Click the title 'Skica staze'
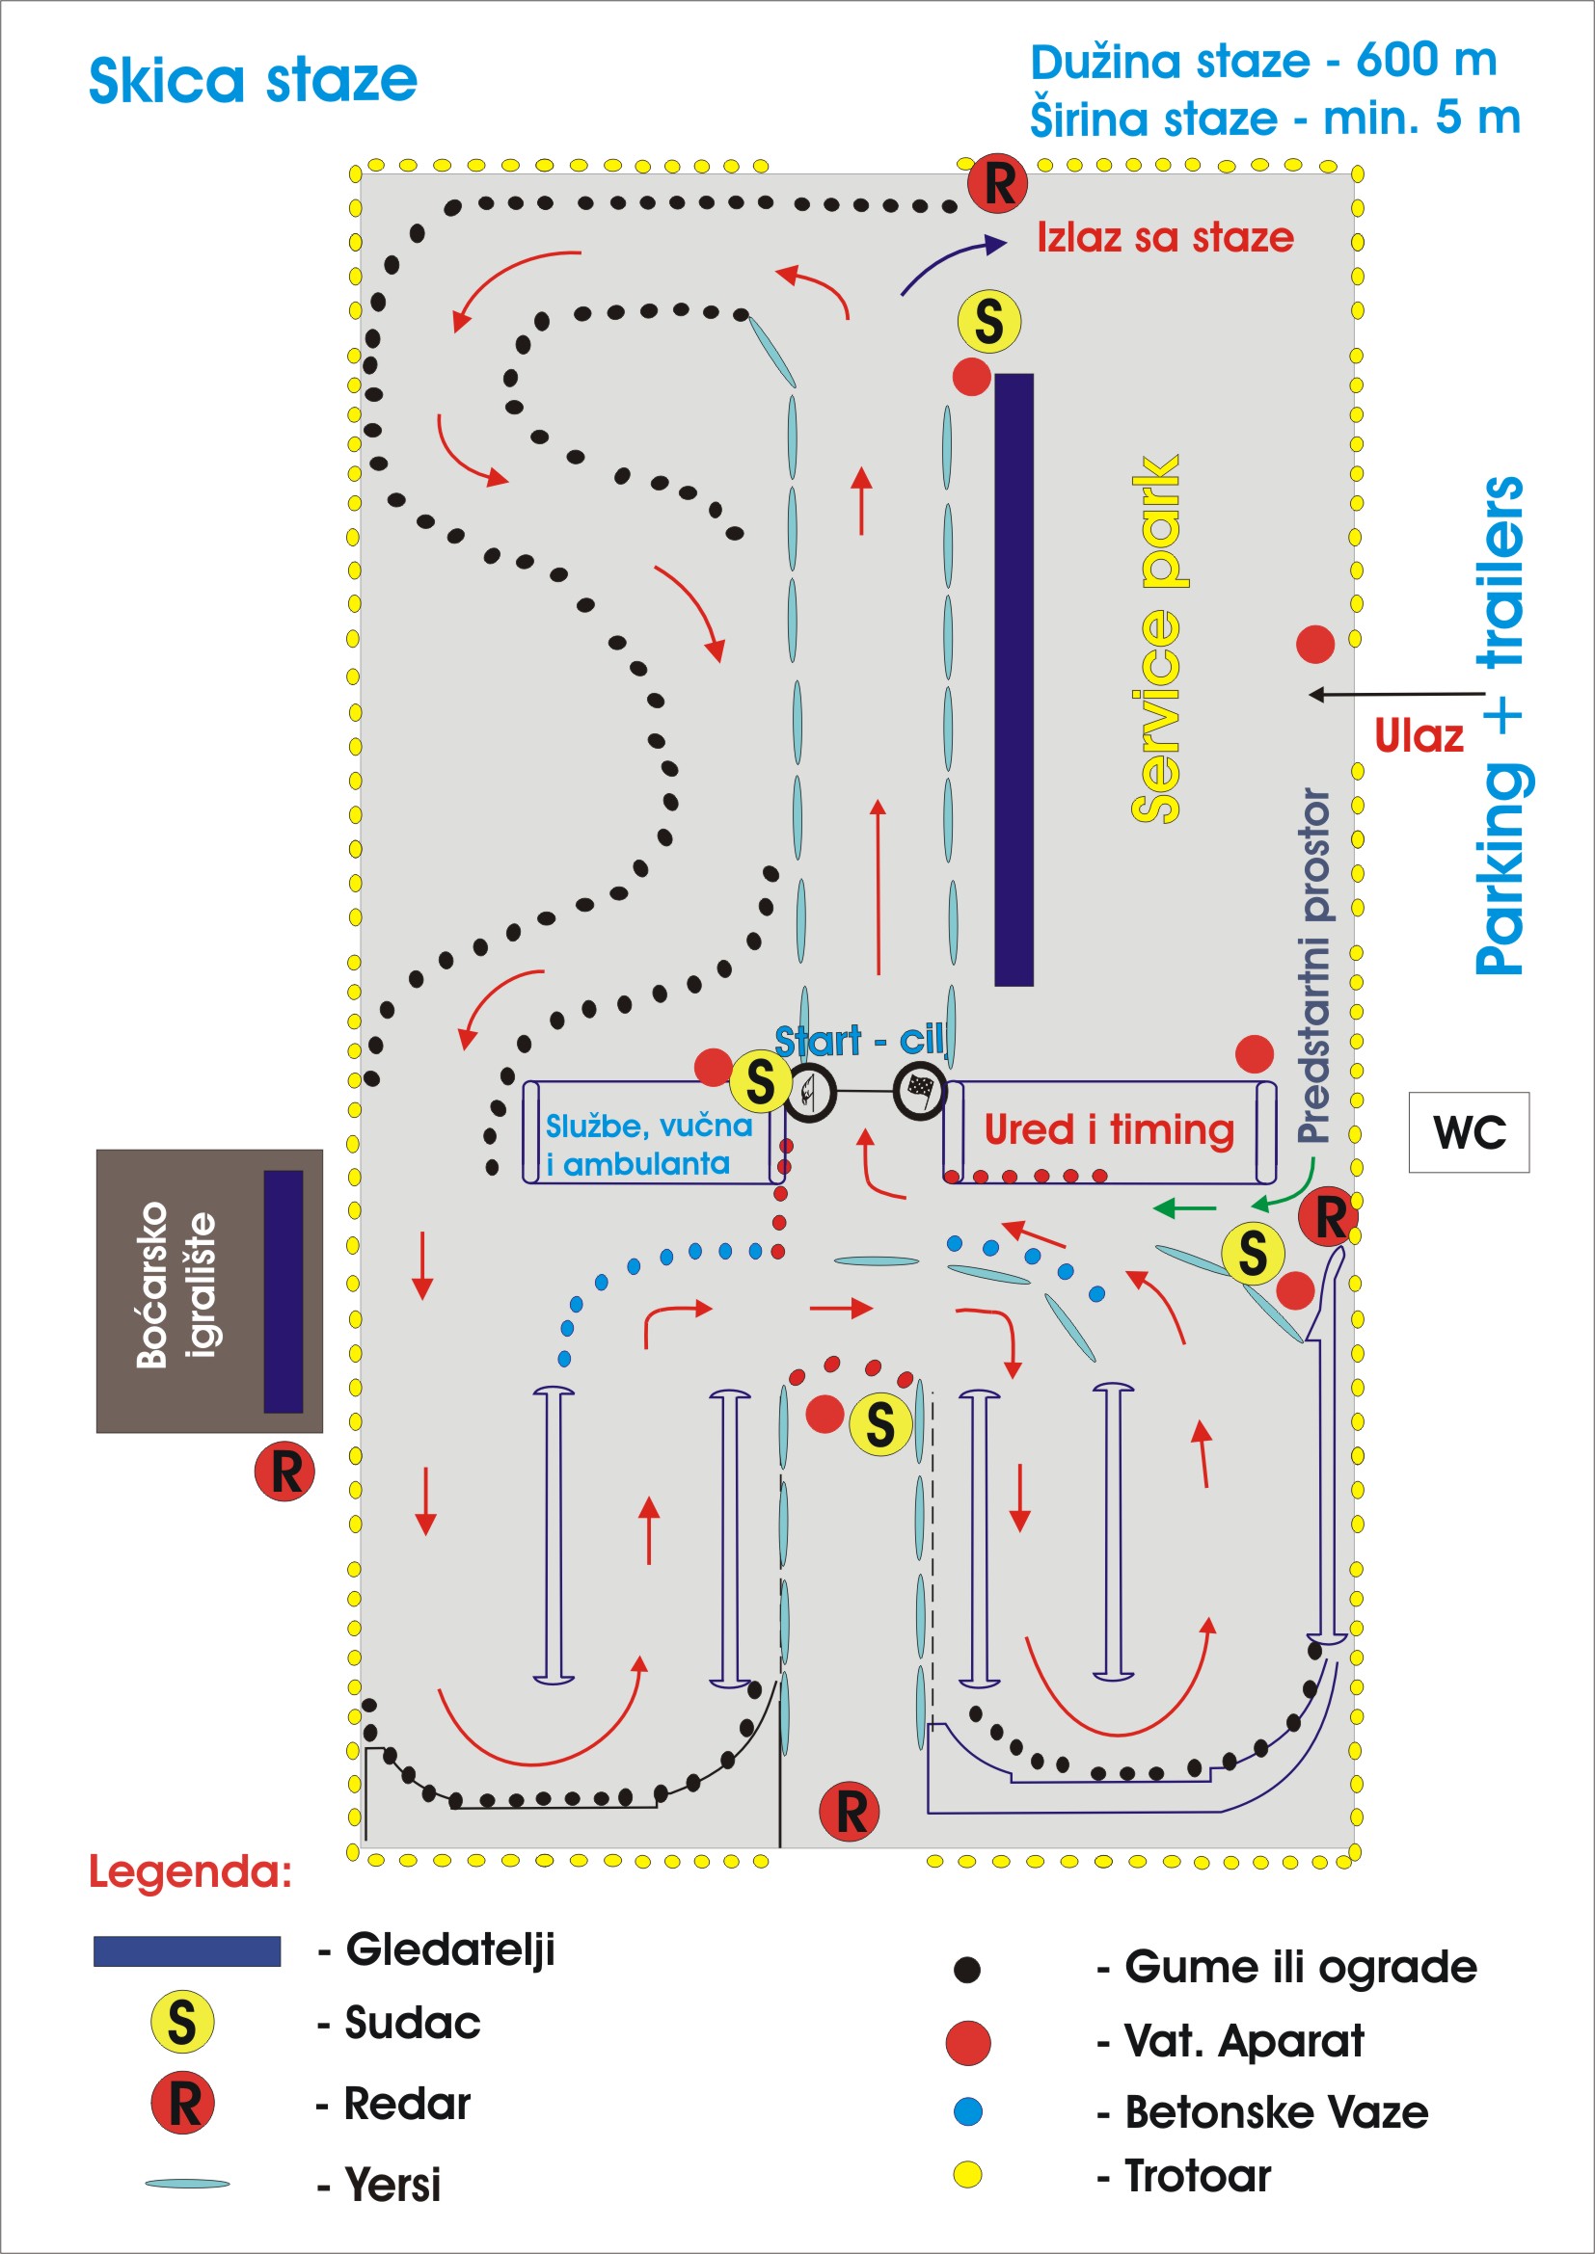[253, 81]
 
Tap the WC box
[1469, 1132]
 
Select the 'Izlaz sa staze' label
[1165, 238]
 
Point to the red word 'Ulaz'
[1419, 736]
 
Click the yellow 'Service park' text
[1156, 638]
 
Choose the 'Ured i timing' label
[1109, 1130]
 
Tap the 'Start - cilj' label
[860, 1041]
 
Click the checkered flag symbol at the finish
[920, 1090]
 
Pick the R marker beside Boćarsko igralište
[284, 1472]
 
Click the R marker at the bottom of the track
[850, 1812]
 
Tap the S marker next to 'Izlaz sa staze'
[989, 321]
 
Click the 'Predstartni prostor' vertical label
[1314, 966]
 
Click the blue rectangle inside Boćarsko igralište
[283, 1291]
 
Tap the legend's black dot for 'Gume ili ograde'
[967, 1970]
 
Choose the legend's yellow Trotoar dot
[967, 2174]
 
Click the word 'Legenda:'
[191, 1873]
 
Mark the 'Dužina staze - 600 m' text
[1263, 62]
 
